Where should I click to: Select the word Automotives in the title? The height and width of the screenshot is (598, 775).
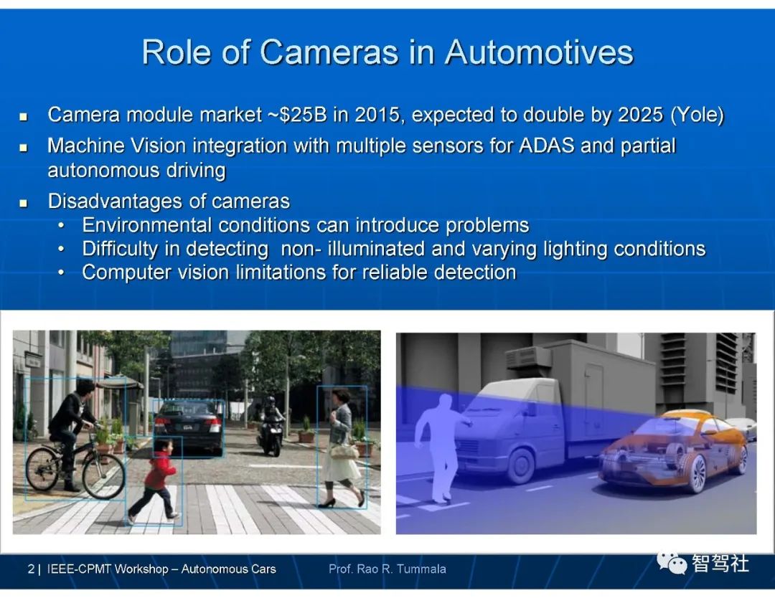click(539, 52)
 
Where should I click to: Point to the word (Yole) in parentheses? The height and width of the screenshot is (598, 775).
click(697, 115)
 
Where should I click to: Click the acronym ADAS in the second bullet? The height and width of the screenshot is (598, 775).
click(547, 146)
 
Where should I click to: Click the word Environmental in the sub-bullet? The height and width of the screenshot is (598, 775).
click(147, 225)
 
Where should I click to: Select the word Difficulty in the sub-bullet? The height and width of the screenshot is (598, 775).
click(120, 249)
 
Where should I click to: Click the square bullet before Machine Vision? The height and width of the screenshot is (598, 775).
click(23, 147)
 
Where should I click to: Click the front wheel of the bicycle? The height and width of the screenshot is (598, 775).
click(103, 475)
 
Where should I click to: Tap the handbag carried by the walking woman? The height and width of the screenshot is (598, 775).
click(344, 450)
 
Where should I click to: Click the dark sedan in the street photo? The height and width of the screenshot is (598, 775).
click(188, 427)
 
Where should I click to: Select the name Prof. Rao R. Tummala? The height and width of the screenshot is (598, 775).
click(387, 569)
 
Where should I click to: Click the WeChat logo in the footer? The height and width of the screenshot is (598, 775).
click(672, 562)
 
